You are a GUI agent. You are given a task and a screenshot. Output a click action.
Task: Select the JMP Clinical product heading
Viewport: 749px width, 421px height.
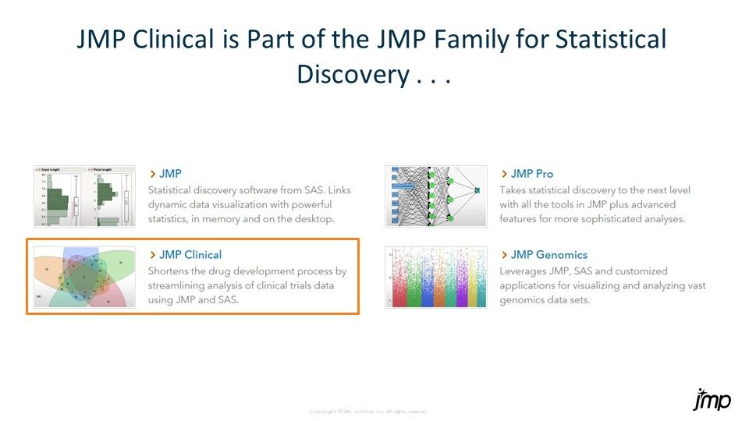point(190,255)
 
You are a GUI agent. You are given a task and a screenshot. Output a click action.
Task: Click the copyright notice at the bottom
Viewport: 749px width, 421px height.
point(369,411)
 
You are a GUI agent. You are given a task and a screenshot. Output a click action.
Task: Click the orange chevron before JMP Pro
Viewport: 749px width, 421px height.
point(504,174)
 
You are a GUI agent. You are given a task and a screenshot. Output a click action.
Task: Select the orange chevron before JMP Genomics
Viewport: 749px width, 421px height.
point(504,255)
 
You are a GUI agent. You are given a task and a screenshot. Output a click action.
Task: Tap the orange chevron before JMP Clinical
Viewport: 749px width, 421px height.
point(152,255)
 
